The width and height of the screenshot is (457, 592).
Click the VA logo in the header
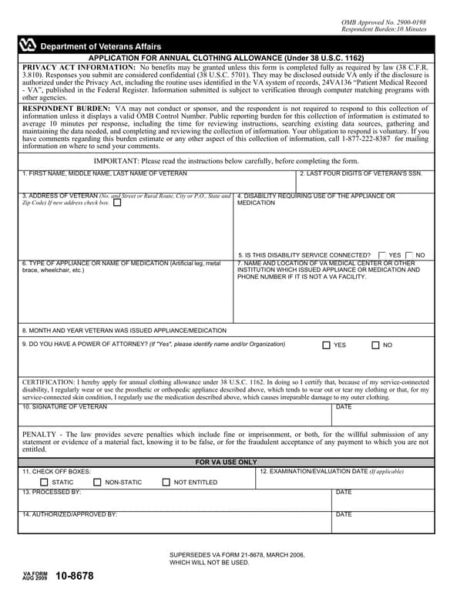point(27,45)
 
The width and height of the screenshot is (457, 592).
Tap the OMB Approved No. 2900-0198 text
point(383,23)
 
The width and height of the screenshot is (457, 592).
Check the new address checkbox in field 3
point(116,203)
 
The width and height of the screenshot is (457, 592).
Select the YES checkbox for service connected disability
point(382,254)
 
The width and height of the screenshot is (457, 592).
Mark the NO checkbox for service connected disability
point(409,254)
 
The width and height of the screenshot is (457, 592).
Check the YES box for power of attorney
point(327,345)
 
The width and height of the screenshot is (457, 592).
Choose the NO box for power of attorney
point(375,345)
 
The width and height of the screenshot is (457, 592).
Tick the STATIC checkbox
point(44,483)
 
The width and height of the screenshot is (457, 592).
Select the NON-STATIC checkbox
point(97,483)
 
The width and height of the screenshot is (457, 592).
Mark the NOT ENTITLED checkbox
point(166,483)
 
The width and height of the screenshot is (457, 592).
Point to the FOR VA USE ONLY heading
point(226,462)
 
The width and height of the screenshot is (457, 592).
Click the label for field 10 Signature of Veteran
point(65,407)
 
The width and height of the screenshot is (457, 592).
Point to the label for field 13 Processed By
point(52,492)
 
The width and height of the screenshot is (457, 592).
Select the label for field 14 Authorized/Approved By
point(69,514)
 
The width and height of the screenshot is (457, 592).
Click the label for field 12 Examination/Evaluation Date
point(331,471)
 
